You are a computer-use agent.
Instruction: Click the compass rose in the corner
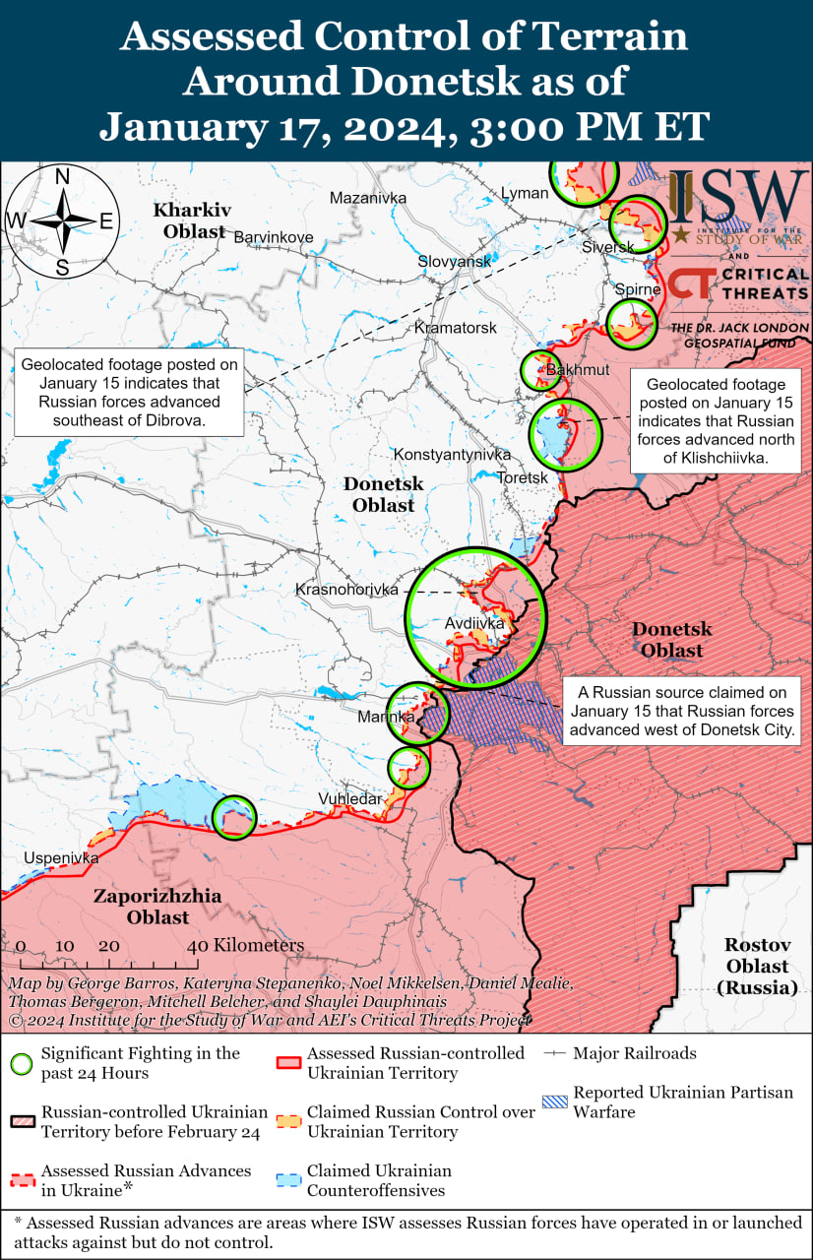[x=61, y=222]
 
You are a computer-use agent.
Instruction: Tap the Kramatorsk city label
[x=456, y=327]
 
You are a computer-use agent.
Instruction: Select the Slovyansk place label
[x=454, y=262]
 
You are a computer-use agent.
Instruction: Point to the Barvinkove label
[x=273, y=237]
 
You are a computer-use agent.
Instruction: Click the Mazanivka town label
[x=368, y=198]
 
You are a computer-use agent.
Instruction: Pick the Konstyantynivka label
[x=452, y=455]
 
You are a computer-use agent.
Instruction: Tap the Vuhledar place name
[x=349, y=799]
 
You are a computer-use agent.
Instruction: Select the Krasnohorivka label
[x=346, y=590]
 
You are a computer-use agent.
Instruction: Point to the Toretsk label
[x=523, y=477]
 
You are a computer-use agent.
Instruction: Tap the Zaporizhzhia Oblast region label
[x=157, y=907]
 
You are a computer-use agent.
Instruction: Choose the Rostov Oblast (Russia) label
[x=758, y=966]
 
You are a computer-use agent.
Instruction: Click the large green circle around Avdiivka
[x=475, y=617]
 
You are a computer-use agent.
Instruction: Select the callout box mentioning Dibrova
[x=130, y=392]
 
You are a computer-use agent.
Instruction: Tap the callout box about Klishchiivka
[x=716, y=420]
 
